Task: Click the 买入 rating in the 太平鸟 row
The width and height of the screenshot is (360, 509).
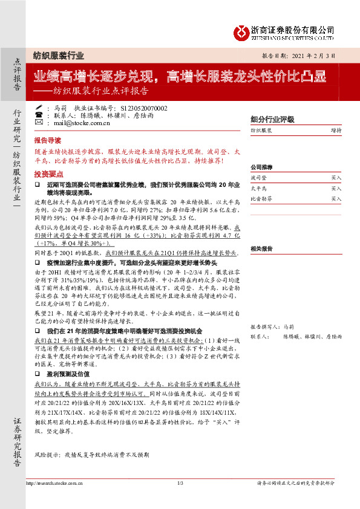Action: [x=336, y=189]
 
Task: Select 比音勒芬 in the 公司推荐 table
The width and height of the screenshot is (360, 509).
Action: [x=261, y=198]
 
